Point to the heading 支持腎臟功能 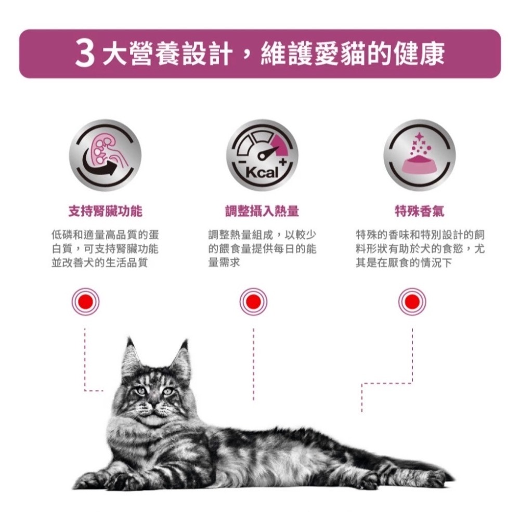[x=106, y=211]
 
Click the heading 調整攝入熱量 [x=262, y=211]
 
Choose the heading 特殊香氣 [x=419, y=211]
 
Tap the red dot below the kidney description [x=85, y=301]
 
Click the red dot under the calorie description [x=253, y=301]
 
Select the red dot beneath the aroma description [x=412, y=301]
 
